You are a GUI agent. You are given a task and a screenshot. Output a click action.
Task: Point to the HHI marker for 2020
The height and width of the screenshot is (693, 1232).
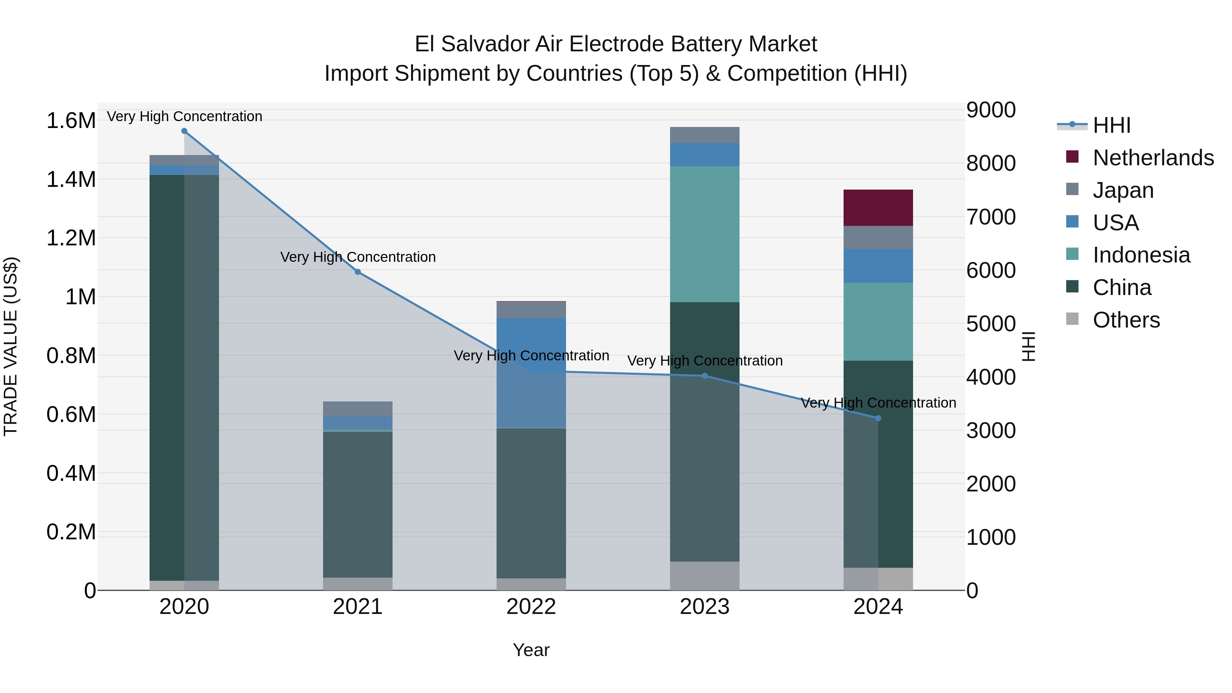(184, 131)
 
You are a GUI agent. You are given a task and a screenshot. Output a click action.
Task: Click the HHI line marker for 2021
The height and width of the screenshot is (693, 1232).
(358, 272)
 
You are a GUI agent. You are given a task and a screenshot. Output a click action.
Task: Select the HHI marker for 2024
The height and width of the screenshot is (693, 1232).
(878, 418)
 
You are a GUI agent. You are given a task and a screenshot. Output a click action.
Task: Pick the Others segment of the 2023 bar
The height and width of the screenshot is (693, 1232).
(705, 576)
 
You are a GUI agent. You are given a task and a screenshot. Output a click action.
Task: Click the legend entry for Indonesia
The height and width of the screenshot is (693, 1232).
(1141, 255)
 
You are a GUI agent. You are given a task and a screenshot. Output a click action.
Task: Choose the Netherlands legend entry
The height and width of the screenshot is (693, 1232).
(1153, 157)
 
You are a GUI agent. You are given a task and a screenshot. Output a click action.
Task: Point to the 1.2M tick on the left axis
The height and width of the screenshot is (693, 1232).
(71, 238)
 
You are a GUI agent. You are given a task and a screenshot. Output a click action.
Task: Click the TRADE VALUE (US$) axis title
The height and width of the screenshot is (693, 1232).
(11, 346)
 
